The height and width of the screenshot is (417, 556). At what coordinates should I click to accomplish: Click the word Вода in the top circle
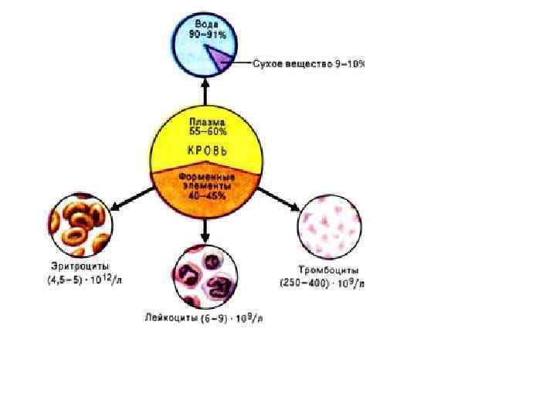205,25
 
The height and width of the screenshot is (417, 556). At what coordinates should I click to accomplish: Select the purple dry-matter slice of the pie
219,57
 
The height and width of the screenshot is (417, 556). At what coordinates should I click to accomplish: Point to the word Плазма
206,122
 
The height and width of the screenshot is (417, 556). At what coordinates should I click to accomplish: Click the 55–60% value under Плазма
206,131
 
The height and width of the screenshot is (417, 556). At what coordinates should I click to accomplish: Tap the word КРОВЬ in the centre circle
206,150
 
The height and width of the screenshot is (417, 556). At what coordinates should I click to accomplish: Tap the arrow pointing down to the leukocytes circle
205,230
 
